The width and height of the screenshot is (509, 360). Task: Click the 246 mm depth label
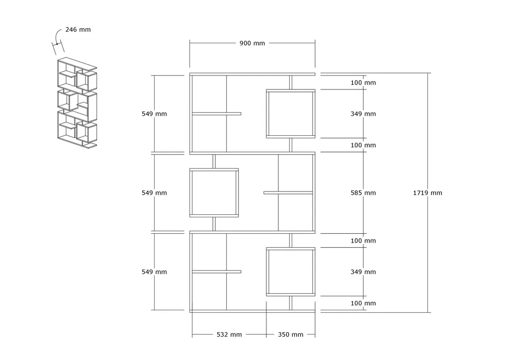[x=78, y=29]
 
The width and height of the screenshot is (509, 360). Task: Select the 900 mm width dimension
[x=252, y=43]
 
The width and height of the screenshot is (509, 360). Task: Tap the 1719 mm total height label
[x=427, y=193]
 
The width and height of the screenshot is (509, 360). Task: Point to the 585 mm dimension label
[x=363, y=193]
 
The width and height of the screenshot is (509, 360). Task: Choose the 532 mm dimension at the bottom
[x=229, y=334]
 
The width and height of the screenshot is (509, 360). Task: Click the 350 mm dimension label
[x=290, y=334]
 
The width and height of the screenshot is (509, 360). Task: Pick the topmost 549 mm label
[x=154, y=114]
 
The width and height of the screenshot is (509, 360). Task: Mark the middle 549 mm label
[x=154, y=193]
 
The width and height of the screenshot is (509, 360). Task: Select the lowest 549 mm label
[x=154, y=272]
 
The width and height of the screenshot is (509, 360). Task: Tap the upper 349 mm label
[x=363, y=114]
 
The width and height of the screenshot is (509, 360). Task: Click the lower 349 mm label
[x=363, y=272]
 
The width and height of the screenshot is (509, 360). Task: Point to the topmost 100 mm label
[x=363, y=83]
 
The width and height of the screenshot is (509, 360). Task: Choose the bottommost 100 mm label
[x=363, y=303]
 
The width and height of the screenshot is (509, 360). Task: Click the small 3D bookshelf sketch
[x=77, y=102]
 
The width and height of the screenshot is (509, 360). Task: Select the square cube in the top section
[x=266, y=113]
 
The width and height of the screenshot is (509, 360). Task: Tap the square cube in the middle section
[x=190, y=193]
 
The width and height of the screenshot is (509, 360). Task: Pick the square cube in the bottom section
[x=266, y=271]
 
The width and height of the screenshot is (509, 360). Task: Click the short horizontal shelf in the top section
[x=217, y=113]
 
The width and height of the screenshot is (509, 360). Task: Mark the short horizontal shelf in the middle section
[x=288, y=193]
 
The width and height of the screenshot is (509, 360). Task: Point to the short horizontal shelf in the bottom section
[x=217, y=271]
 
